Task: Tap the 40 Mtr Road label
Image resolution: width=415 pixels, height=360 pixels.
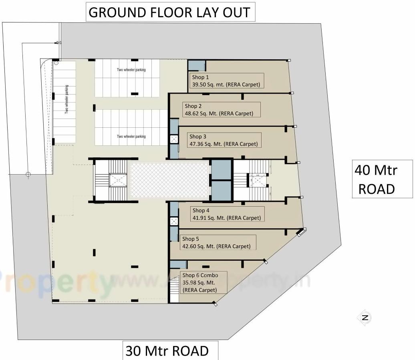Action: (376, 179)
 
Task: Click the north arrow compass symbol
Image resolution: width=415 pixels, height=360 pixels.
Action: (365, 318)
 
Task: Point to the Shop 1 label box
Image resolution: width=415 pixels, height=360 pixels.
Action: (226, 81)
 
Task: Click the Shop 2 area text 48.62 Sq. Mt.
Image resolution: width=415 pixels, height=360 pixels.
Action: (219, 113)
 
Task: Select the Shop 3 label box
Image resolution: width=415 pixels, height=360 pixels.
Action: (224, 140)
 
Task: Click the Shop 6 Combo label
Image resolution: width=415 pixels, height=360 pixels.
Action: (200, 275)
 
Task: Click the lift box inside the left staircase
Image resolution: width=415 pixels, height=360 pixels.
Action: (118, 180)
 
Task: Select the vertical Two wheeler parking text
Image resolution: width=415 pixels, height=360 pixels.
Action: (67, 100)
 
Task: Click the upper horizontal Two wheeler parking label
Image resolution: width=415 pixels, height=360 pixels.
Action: (131, 70)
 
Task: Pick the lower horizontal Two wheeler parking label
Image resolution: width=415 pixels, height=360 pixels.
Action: (131, 137)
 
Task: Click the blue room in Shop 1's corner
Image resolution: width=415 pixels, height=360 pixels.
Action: (196, 65)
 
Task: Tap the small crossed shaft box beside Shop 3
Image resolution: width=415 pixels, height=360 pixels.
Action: (174, 139)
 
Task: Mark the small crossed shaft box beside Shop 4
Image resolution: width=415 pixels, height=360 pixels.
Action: (174, 221)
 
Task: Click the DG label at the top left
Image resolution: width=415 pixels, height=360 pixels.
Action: (58, 42)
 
